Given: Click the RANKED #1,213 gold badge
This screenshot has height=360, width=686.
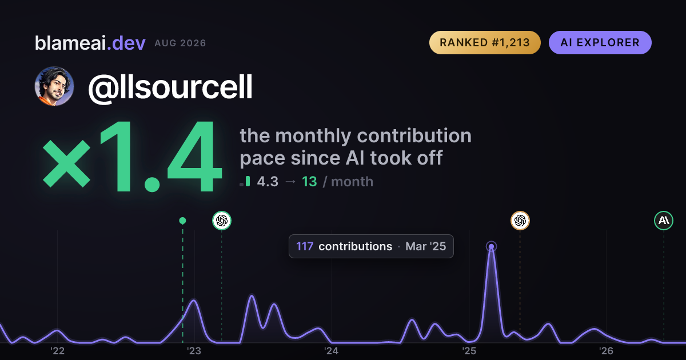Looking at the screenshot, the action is click(485, 42).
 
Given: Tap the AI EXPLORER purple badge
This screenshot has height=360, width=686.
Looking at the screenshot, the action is click(600, 42).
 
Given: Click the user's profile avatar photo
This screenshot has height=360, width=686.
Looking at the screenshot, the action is click(54, 86).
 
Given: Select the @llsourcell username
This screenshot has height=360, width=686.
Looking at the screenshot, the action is click(170, 87).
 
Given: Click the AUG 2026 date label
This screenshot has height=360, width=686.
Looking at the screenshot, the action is click(181, 43).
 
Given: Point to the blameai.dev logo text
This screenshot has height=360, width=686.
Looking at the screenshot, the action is click(90, 43).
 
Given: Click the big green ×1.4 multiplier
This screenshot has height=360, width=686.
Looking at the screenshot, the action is click(132, 156).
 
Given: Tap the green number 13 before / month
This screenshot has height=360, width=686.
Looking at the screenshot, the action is click(309, 182).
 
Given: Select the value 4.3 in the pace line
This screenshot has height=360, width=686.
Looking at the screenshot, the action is click(268, 182).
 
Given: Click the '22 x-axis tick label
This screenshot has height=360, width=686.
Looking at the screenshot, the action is click(57, 351).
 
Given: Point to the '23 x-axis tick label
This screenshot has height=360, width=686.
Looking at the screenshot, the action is click(194, 351).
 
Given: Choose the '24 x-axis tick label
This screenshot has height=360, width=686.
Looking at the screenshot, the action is click(332, 351).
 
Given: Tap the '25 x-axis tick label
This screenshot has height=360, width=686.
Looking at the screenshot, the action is click(469, 351).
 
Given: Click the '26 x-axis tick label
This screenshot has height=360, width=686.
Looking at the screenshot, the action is click(606, 351).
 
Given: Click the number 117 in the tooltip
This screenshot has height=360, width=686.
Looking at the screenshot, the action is click(305, 246).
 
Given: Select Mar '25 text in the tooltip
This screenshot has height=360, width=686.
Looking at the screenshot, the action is click(426, 246).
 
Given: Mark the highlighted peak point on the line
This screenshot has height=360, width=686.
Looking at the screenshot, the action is click(491, 246).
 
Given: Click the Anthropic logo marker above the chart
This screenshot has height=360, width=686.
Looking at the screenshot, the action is click(664, 221).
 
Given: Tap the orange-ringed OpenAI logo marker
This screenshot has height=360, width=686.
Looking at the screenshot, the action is click(520, 221).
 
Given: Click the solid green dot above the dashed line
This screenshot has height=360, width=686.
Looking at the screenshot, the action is click(182, 221).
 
